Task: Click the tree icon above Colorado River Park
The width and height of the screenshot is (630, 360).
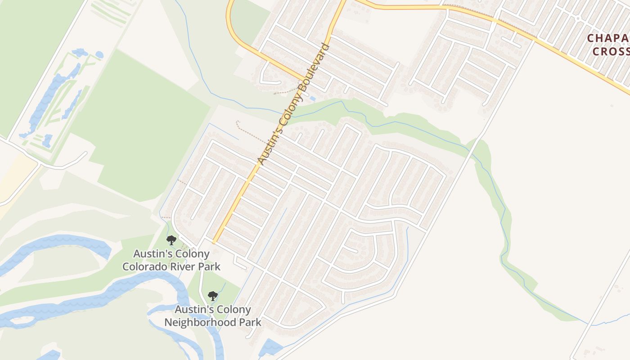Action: [x=171, y=240]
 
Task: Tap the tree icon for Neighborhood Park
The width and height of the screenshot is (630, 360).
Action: [x=213, y=296]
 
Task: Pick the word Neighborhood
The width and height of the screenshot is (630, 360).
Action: [x=194, y=322]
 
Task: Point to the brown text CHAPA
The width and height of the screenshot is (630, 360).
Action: [x=608, y=38]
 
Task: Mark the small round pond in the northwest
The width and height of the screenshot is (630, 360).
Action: [x=99, y=55]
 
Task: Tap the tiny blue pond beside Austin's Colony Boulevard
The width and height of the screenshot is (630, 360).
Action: [x=312, y=98]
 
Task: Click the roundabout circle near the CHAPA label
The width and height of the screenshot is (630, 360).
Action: [x=577, y=19]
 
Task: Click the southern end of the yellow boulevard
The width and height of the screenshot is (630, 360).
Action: [x=215, y=241]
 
